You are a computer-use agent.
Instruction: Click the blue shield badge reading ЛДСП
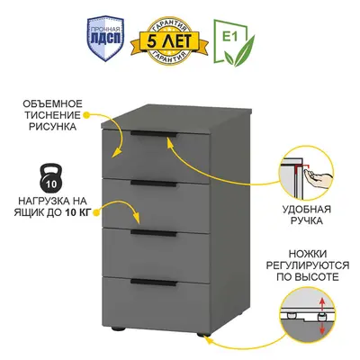point(105,39)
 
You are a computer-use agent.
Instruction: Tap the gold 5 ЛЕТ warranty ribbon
point(169,41)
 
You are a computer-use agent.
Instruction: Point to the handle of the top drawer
point(155,134)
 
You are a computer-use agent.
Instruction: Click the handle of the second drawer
point(154,184)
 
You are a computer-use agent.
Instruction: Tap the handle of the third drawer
point(154,233)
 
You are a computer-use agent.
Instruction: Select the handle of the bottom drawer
point(154,282)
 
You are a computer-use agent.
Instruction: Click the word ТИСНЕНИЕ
point(53,115)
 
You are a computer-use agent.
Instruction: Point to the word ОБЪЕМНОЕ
point(52,104)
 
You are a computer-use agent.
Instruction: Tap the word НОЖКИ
point(308,254)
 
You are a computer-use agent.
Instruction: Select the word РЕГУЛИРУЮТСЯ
point(308,265)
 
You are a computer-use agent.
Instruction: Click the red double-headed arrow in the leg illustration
point(322,316)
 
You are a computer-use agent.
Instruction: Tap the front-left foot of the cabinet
point(119,328)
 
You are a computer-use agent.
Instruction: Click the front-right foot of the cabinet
point(204,334)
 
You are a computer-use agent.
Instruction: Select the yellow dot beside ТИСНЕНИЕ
point(86,115)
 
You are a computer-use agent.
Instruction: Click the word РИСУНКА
point(52,126)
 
